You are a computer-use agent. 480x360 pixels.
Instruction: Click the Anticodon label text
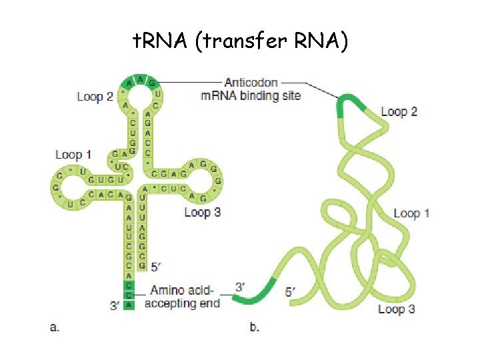(251, 83)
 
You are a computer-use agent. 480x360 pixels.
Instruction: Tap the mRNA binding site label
(251, 95)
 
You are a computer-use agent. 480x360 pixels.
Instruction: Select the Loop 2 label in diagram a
(95, 97)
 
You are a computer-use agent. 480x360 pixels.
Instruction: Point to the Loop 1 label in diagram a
(73, 155)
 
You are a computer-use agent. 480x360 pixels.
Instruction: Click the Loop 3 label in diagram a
(202, 212)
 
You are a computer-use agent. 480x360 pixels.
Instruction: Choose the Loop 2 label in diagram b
(399, 111)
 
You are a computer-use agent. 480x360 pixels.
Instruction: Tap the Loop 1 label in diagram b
(411, 213)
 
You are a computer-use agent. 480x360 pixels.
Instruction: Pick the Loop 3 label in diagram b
(396, 309)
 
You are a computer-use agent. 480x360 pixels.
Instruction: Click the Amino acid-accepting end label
(182, 297)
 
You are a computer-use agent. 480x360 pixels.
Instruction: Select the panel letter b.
(254, 327)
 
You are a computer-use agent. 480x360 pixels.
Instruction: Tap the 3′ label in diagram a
(115, 305)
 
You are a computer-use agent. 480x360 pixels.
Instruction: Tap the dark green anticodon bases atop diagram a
(141, 81)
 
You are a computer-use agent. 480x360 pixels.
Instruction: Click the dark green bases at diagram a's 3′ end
(129, 295)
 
